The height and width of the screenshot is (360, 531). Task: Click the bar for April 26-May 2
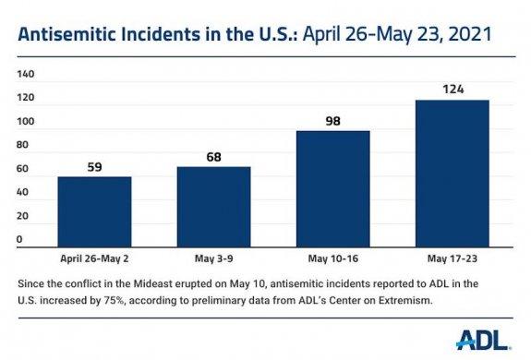[x=93, y=211]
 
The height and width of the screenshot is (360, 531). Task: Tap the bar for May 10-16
[x=332, y=189]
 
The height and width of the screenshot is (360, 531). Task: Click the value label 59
[x=93, y=168]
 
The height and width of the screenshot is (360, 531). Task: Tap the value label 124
[x=452, y=90]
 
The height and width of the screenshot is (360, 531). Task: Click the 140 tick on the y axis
[x=27, y=74]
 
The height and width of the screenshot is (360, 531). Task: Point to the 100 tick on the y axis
[x=27, y=122]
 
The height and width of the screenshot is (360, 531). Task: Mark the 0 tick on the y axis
[x=20, y=240]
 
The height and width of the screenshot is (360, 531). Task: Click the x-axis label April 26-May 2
[x=93, y=259]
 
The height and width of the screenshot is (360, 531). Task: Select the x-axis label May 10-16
[x=332, y=259]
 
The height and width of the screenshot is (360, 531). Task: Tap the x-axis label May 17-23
[x=452, y=259]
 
